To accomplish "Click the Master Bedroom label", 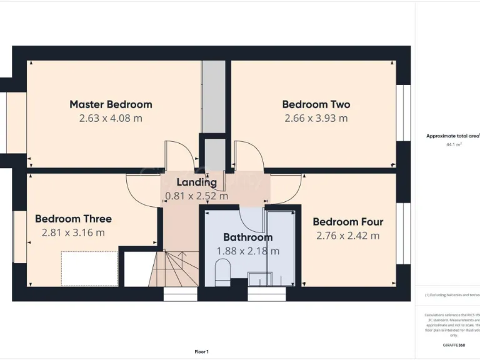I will coord(111,104).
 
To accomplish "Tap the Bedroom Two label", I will coord(316,104).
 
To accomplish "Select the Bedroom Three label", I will coord(73,219).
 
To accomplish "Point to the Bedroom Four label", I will coord(347,222).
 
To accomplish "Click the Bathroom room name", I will coord(247,237).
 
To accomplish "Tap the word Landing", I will coord(196,182).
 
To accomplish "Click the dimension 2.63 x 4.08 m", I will coord(111,118).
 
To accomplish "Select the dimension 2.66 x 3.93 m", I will coord(316,118).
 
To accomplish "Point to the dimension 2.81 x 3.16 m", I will coord(73,232).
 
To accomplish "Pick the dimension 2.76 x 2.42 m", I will coord(347,236).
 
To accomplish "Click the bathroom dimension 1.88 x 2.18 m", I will coord(247,251).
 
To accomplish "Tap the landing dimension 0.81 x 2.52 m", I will coord(196,196).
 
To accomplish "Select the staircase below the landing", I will coord(175,269).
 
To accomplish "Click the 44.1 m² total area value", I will coord(454,144).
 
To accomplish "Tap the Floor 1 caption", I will coord(201,352).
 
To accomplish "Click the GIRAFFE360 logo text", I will coord(453,345).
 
